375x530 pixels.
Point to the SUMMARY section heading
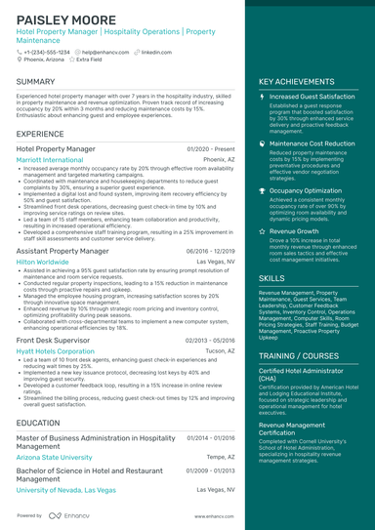tap(36, 82)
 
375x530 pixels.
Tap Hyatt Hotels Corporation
tap(56, 349)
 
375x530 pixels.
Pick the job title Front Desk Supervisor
tap(57, 339)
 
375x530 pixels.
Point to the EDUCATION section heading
tap(38, 423)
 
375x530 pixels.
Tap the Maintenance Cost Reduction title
tap(312, 143)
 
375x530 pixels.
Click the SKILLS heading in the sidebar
tap(272, 278)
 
